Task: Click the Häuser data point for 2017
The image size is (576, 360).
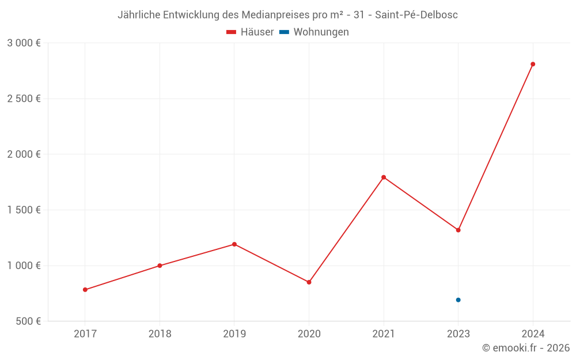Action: (x=85, y=290)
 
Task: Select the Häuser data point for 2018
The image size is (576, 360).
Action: (x=160, y=266)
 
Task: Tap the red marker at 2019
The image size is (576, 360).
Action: (x=234, y=244)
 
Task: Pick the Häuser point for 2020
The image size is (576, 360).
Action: (x=309, y=282)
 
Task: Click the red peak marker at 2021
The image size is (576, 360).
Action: (x=384, y=177)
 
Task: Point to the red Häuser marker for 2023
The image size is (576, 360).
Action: (x=458, y=230)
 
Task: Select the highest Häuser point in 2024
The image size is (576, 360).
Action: (x=533, y=64)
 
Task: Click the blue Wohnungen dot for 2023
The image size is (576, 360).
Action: (x=458, y=300)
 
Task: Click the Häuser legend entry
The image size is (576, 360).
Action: (x=250, y=32)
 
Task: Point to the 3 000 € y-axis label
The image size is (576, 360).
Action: (x=24, y=43)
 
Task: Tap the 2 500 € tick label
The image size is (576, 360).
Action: (x=24, y=98)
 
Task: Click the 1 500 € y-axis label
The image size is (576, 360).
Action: (x=24, y=210)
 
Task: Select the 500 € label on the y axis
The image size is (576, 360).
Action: (x=28, y=321)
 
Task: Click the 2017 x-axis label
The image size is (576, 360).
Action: (x=85, y=334)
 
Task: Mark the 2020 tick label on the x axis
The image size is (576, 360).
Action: (x=309, y=334)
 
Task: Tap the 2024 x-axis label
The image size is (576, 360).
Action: (x=533, y=334)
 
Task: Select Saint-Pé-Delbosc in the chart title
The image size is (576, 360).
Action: (x=416, y=15)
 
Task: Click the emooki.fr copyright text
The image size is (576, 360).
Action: (x=526, y=348)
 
